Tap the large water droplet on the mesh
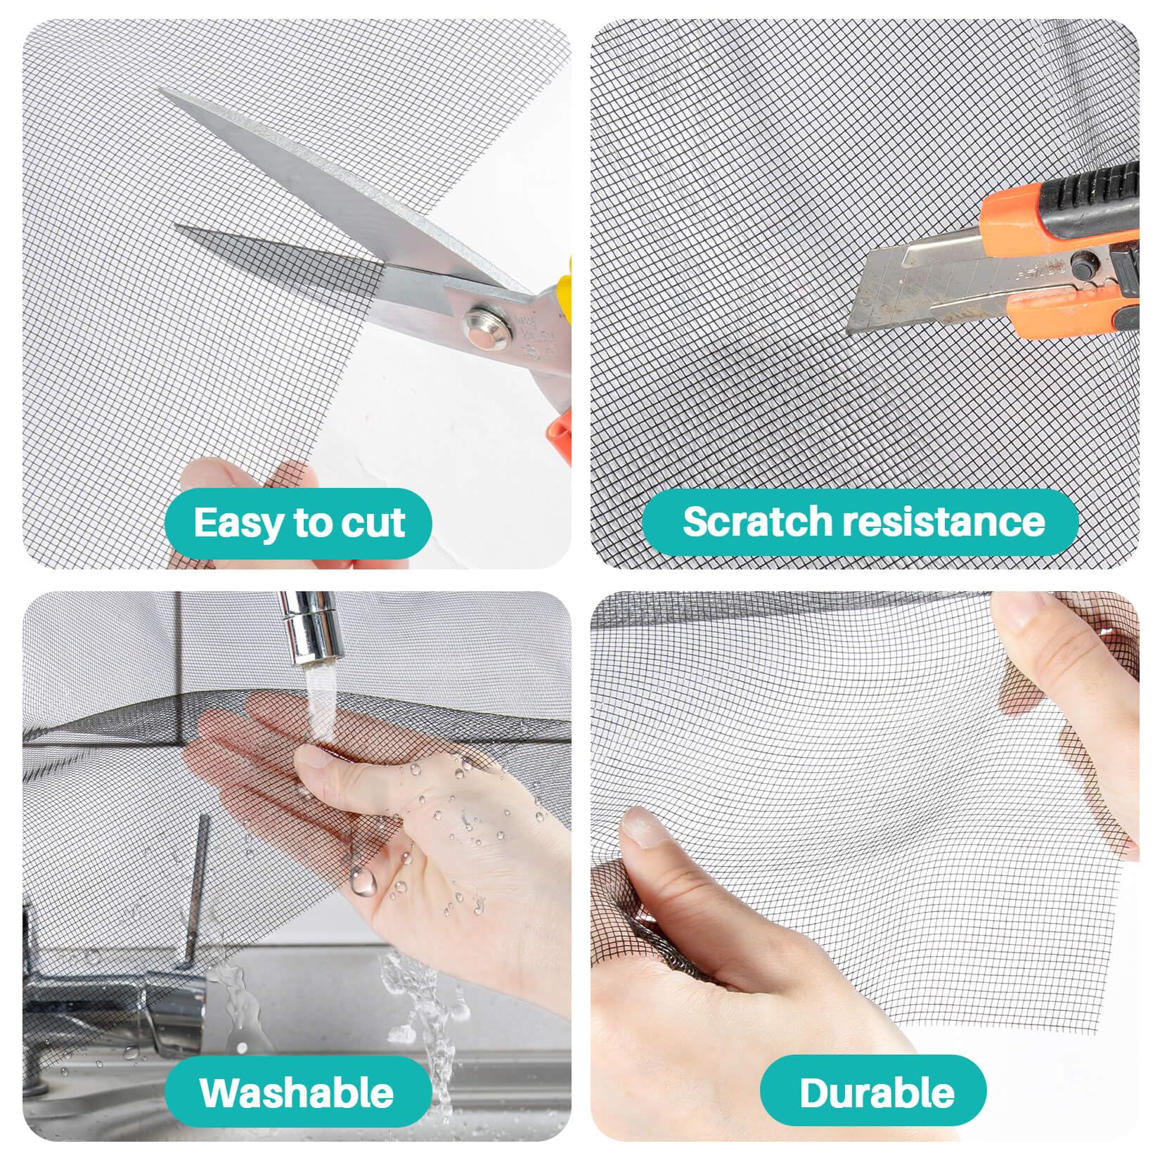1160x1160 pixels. (x=363, y=879)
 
